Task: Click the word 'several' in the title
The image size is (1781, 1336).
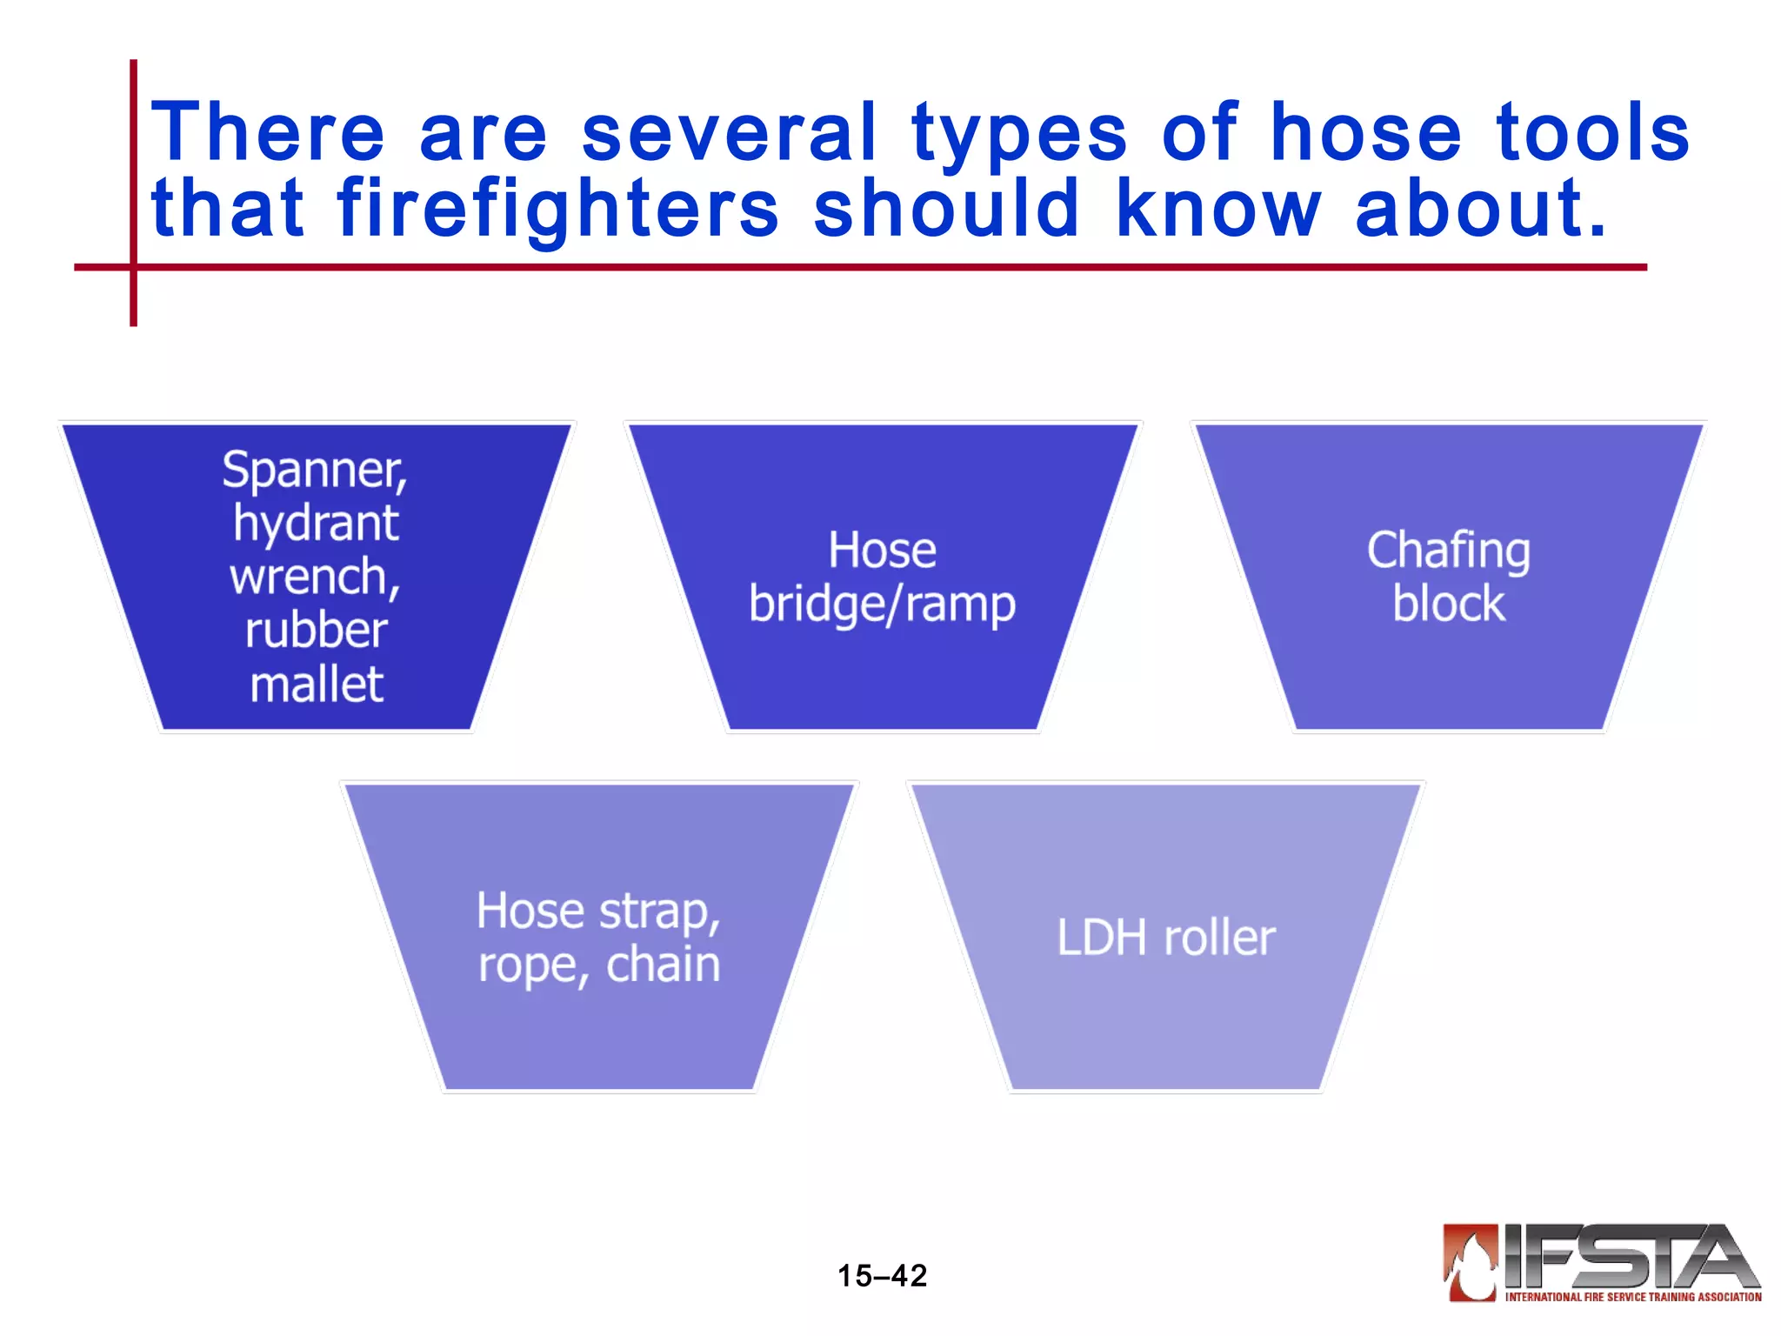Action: click(x=729, y=132)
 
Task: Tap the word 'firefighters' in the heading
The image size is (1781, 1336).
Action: click(x=557, y=209)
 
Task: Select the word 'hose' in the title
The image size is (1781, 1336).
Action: click(x=1366, y=132)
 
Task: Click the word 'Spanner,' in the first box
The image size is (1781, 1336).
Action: click(x=315, y=470)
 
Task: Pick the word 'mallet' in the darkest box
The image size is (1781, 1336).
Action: click(x=317, y=685)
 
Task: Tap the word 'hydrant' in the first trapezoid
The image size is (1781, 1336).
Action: click(x=316, y=524)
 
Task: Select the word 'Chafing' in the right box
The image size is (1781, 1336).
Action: click(x=1449, y=551)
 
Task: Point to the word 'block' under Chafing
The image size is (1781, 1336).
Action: click(x=1449, y=604)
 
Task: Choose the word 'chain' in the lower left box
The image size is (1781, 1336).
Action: click(x=663, y=965)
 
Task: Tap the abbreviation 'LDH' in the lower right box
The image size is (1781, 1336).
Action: click(x=1102, y=939)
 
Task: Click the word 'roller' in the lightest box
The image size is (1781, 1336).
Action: click(x=1219, y=939)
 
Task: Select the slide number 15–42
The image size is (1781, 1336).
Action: click(x=882, y=1276)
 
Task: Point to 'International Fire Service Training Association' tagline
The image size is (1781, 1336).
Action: click(x=1632, y=1297)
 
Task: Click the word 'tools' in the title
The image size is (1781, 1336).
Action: click(x=1593, y=132)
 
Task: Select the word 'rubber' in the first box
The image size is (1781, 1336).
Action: click(x=316, y=631)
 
